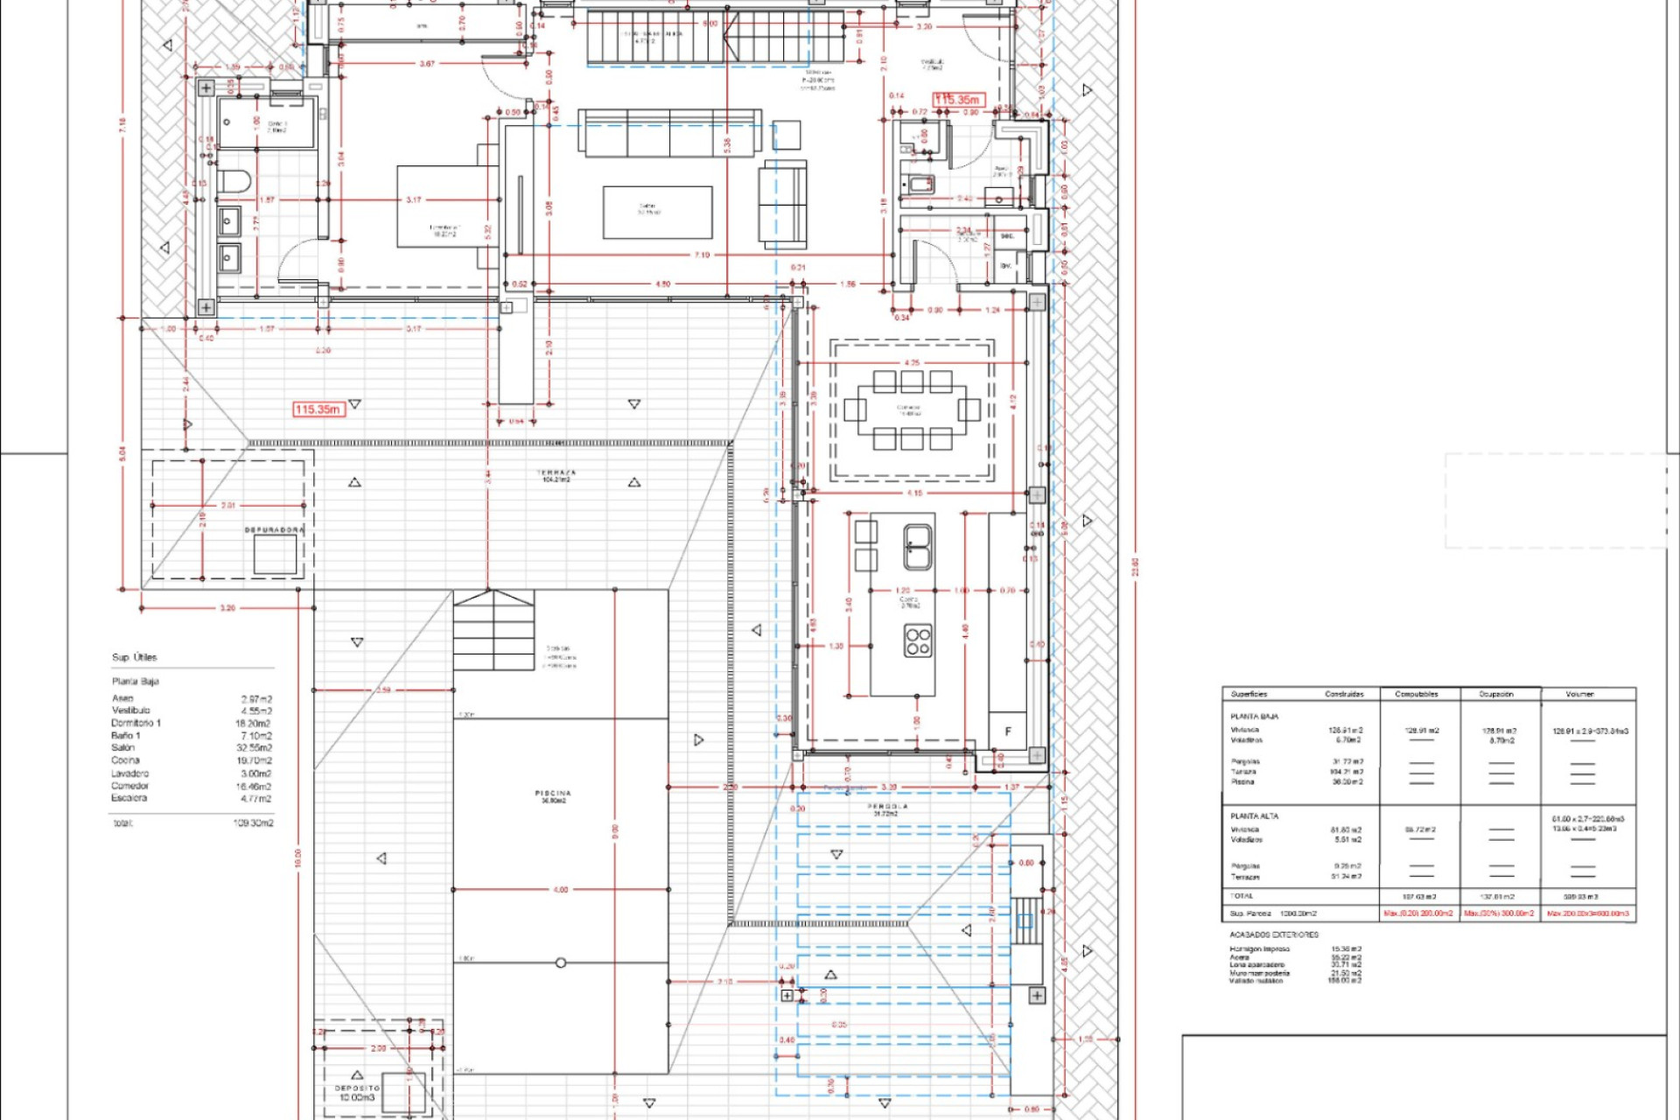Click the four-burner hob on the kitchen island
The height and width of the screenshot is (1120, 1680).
tap(918, 641)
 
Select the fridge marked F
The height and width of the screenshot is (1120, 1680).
tap(1008, 731)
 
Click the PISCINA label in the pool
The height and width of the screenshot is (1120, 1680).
tap(553, 794)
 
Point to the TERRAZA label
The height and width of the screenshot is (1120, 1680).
tap(556, 472)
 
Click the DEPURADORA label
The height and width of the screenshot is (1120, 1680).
tap(274, 530)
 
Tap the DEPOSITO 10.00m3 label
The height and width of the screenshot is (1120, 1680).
tap(357, 1093)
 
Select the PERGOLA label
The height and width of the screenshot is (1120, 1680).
tap(887, 807)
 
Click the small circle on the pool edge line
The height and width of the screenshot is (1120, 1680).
tap(561, 962)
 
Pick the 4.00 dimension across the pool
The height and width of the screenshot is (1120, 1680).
tap(560, 890)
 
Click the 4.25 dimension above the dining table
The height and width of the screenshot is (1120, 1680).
tap(912, 362)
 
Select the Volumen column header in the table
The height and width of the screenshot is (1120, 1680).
tap(1579, 694)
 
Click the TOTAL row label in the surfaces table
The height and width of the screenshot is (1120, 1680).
tap(1242, 896)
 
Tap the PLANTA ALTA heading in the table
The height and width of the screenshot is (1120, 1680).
tap(1254, 815)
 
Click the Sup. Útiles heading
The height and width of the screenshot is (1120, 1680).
tap(134, 657)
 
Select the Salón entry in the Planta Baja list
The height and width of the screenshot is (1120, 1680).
tap(123, 748)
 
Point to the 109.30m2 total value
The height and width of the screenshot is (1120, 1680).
tap(253, 823)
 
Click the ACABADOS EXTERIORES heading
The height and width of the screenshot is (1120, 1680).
tap(1273, 934)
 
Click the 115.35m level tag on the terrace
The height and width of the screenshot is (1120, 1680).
tap(318, 409)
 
